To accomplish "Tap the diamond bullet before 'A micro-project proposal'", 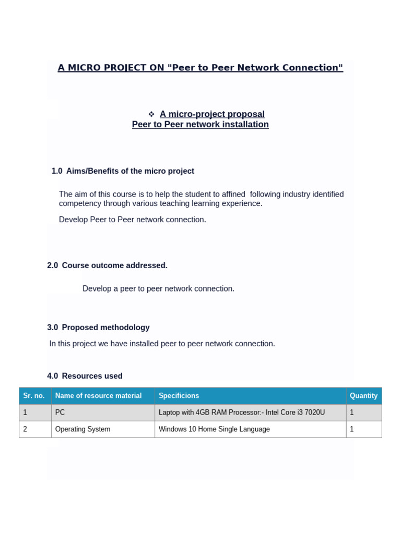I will click(x=151, y=114).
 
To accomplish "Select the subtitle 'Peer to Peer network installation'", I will click(x=200, y=125).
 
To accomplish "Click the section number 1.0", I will click(x=57, y=171).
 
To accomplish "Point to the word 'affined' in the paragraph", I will click(x=233, y=195).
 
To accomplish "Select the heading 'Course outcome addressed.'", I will click(x=114, y=265).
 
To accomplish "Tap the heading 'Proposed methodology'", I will click(x=105, y=327).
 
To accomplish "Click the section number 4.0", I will click(x=52, y=376).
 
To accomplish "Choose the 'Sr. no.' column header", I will click(x=34, y=396).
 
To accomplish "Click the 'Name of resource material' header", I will click(x=98, y=396).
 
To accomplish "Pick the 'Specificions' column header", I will click(x=179, y=396).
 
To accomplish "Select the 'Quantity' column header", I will click(x=363, y=396).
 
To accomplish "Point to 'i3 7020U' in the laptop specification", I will click(x=311, y=412).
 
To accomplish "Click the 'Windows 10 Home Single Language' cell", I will click(x=214, y=429).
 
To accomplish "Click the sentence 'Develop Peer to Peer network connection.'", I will click(x=133, y=220).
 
